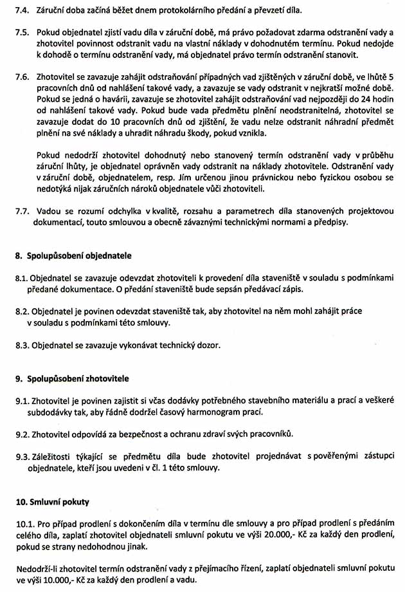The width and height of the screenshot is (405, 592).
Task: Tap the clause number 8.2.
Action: (x=23, y=311)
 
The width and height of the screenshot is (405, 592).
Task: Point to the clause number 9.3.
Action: (x=23, y=456)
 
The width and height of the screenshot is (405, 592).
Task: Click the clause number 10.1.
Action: (x=26, y=523)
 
